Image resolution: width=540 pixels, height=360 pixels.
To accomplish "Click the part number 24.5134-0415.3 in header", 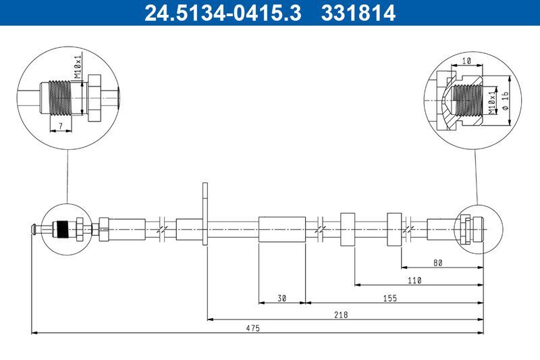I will click(x=221, y=13).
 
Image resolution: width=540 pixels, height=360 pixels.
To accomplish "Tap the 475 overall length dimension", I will click(x=253, y=328).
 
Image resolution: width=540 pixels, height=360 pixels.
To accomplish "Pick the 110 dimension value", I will click(x=414, y=280).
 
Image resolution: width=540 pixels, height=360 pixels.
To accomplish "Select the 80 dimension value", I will click(x=437, y=263).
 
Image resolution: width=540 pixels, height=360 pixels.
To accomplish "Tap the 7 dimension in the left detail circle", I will click(x=60, y=126).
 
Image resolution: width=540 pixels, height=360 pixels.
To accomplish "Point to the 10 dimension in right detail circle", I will click(x=466, y=61).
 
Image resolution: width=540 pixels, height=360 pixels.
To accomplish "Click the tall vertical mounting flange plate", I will click(x=205, y=214).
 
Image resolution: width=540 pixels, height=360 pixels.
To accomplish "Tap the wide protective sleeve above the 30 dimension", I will click(x=282, y=230).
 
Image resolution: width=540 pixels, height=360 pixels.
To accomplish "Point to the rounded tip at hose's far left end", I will click(x=32, y=230).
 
